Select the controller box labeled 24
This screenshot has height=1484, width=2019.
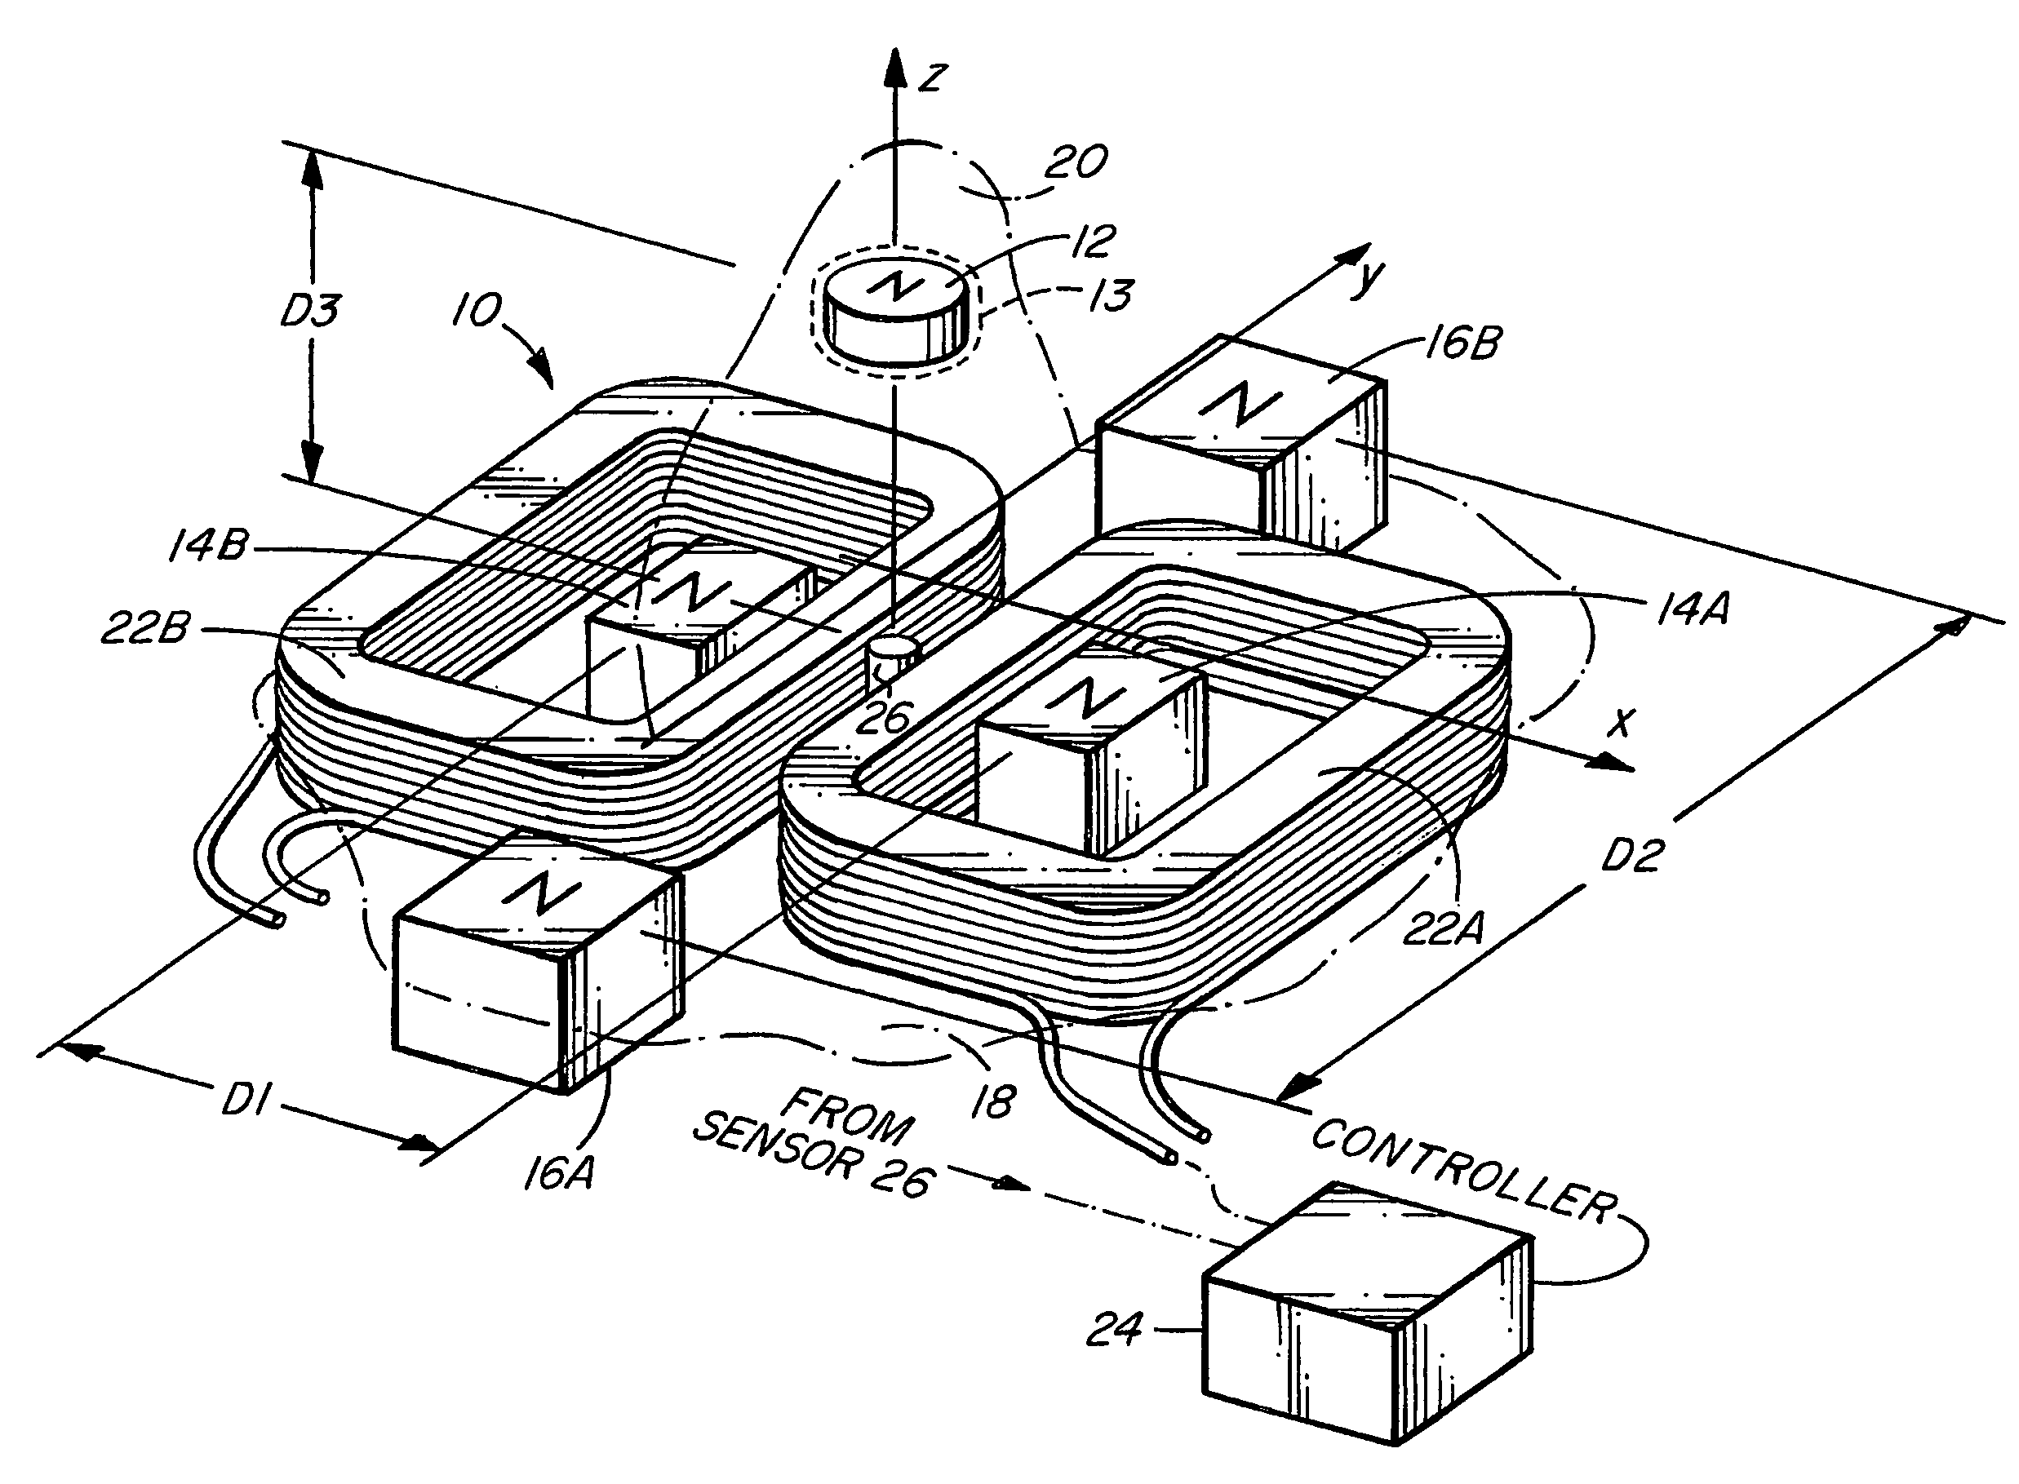1366,1314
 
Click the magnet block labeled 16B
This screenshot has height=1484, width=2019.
1241,445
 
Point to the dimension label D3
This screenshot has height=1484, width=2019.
310,311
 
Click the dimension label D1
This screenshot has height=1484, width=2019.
243,1101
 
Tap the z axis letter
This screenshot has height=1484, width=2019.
933,78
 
